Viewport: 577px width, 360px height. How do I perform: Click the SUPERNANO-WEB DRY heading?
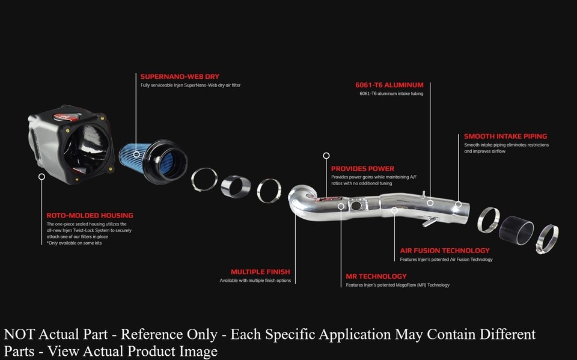[x=180, y=76]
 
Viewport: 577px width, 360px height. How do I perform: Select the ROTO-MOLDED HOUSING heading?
[x=90, y=215]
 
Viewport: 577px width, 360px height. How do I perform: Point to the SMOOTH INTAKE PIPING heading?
[x=505, y=136]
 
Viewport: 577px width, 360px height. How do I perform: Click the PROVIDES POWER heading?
[x=362, y=169]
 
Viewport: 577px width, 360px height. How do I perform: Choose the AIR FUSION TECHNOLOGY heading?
[x=445, y=251]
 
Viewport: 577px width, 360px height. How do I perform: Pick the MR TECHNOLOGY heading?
[x=376, y=276]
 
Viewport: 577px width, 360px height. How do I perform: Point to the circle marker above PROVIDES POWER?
[x=326, y=156]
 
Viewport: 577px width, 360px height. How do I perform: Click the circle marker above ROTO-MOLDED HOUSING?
[x=41, y=177]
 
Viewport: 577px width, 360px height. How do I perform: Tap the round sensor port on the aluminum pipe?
[x=356, y=205]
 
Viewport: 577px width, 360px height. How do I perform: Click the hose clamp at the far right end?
[x=548, y=239]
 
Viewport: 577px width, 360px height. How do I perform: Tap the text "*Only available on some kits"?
[x=74, y=243]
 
